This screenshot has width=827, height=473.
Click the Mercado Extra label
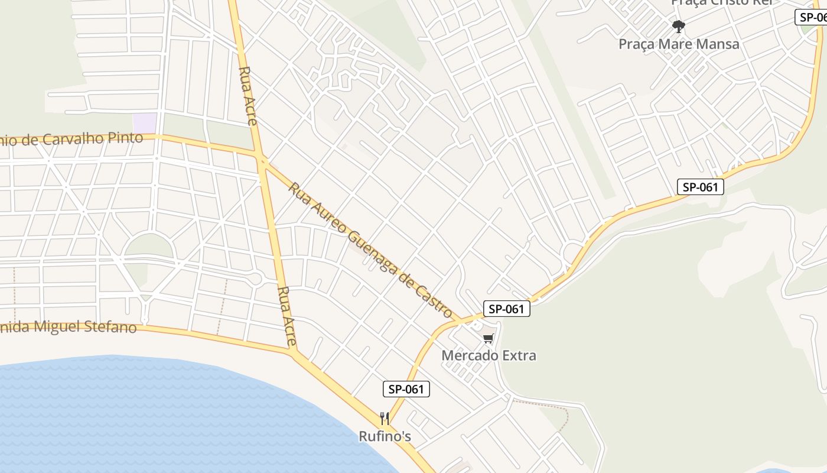489,355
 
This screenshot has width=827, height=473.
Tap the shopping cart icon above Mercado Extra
488,339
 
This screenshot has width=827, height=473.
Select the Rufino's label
385,436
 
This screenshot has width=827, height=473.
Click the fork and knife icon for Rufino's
385,419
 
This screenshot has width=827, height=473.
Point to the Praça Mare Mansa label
679,44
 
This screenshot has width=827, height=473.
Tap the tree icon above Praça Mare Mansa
679,26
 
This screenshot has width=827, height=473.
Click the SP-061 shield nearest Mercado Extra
506,309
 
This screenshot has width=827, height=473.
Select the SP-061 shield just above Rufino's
406,389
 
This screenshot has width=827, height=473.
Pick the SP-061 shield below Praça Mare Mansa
700,187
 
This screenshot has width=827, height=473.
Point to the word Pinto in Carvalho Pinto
126,138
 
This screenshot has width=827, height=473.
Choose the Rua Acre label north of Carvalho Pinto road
248,95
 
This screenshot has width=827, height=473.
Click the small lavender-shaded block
145,123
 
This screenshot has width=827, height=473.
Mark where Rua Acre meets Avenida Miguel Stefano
294,352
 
